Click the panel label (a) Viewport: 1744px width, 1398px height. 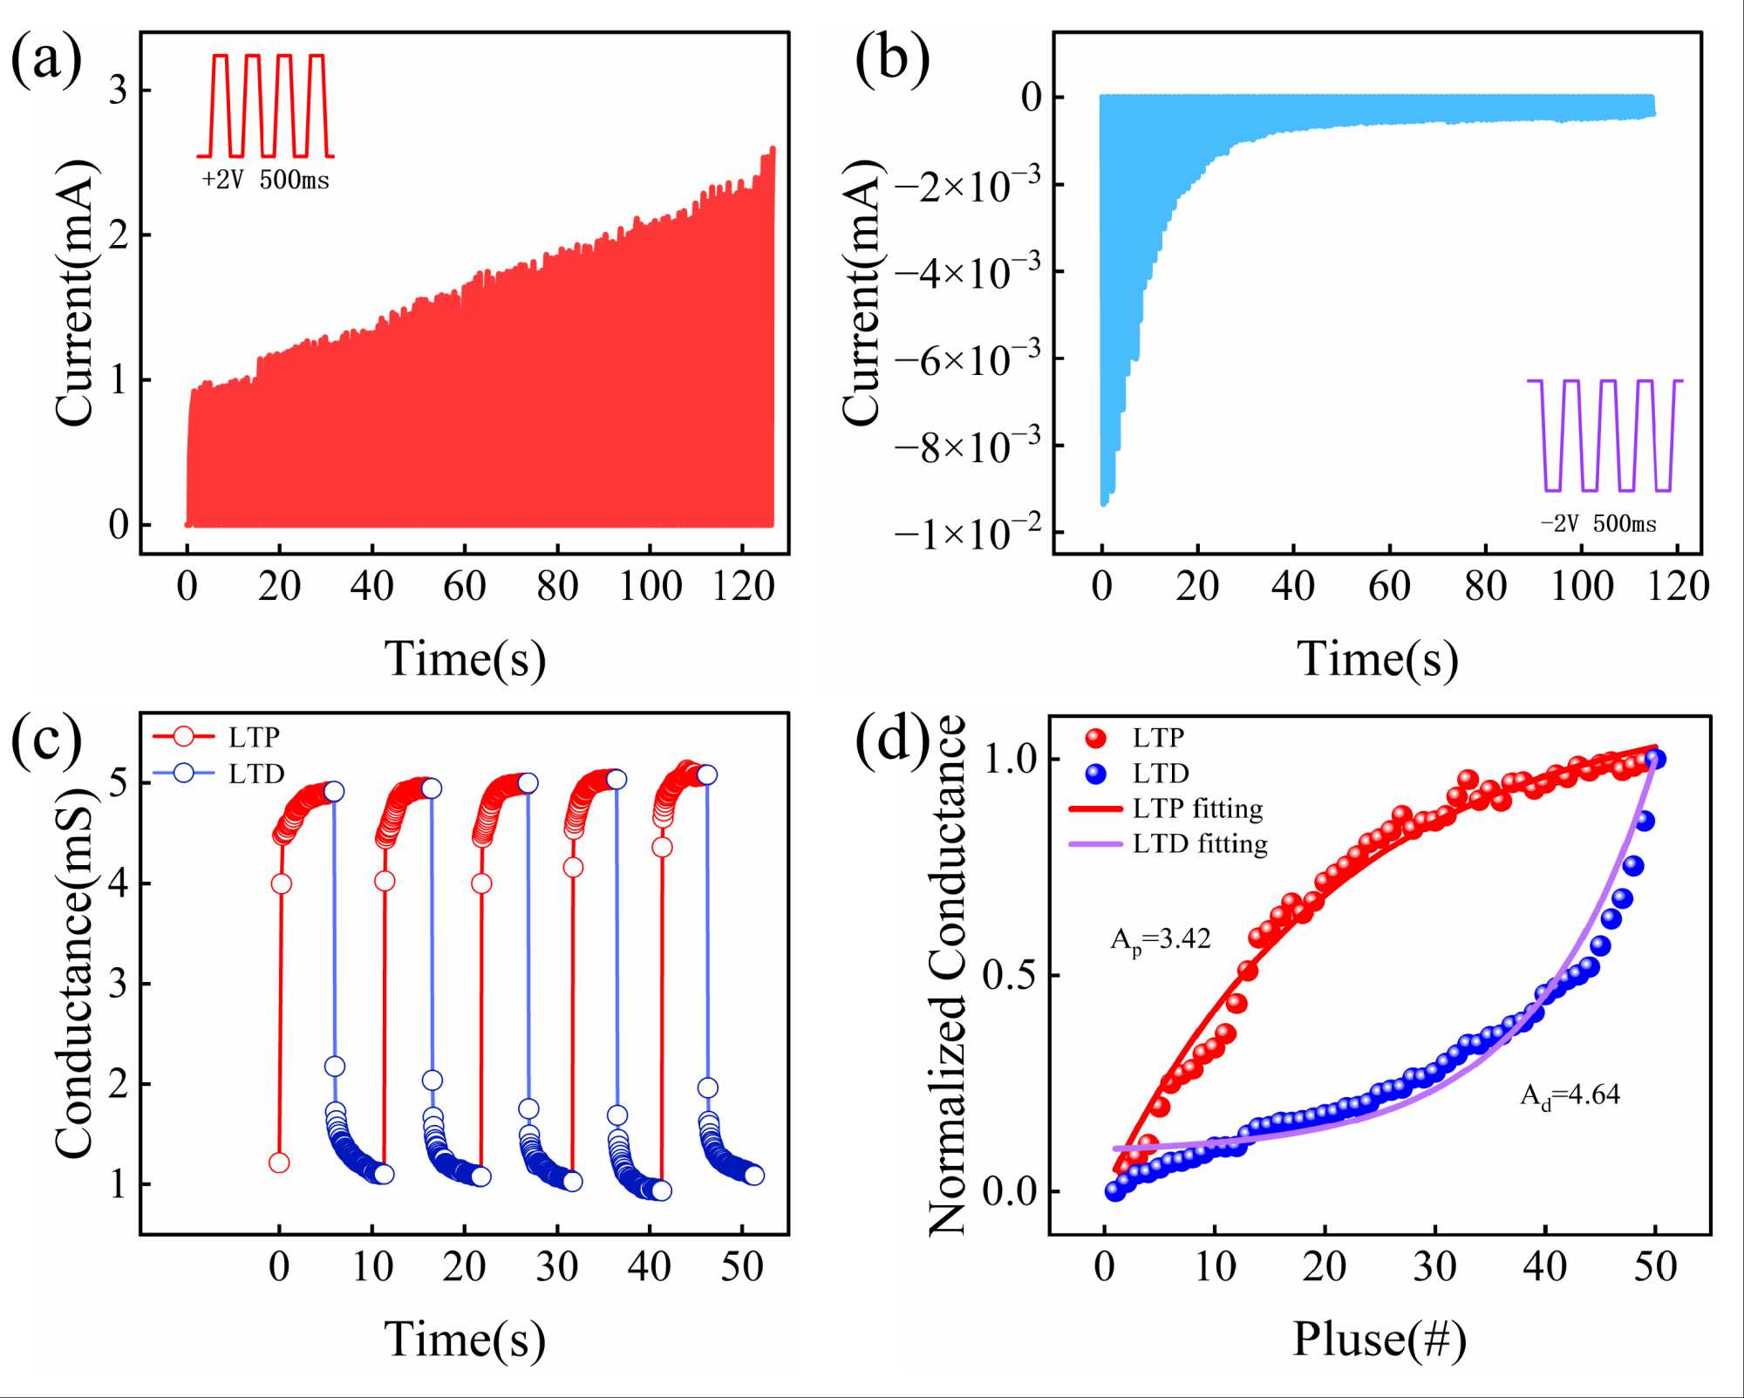[46, 61]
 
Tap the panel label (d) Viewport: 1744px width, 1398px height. [892, 742]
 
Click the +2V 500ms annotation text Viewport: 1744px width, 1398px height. [265, 181]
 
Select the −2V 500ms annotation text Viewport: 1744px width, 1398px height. [1598, 523]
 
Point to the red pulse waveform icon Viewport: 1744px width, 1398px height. [266, 106]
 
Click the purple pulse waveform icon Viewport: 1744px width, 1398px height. [1604, 435]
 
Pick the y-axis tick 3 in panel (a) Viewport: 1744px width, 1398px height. [118, 91]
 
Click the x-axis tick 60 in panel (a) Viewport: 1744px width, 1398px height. [465, 587]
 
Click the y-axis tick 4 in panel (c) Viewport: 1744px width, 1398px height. [118, 883]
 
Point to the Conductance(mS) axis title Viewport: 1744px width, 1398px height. [73, 972]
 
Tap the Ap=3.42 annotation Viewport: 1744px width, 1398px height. [1160, 940]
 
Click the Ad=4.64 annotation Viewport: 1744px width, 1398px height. [1570, 1095]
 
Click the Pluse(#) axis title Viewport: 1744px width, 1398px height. [1379, 1340]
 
